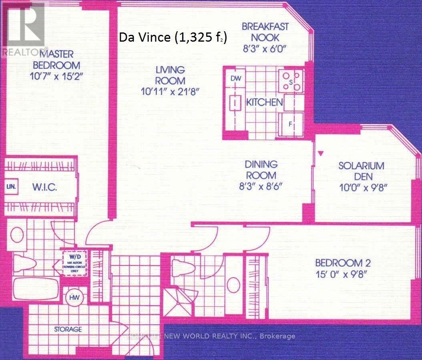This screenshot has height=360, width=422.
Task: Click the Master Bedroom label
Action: (62, 59)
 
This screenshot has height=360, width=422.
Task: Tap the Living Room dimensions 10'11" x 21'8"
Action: (170, 91)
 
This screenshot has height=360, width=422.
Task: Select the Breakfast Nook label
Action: (265, 32)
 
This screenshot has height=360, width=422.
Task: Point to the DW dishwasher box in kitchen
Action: (236, 78)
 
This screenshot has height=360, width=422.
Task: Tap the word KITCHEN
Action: (264, 102)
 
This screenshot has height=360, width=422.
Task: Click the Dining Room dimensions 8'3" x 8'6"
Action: (261, 186)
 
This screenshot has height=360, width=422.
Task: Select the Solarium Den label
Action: (361, 171)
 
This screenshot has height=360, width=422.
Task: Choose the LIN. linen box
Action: (10, 186)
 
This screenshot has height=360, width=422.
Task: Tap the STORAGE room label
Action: (68, 329)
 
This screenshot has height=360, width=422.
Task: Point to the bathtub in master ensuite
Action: (36, 288)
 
